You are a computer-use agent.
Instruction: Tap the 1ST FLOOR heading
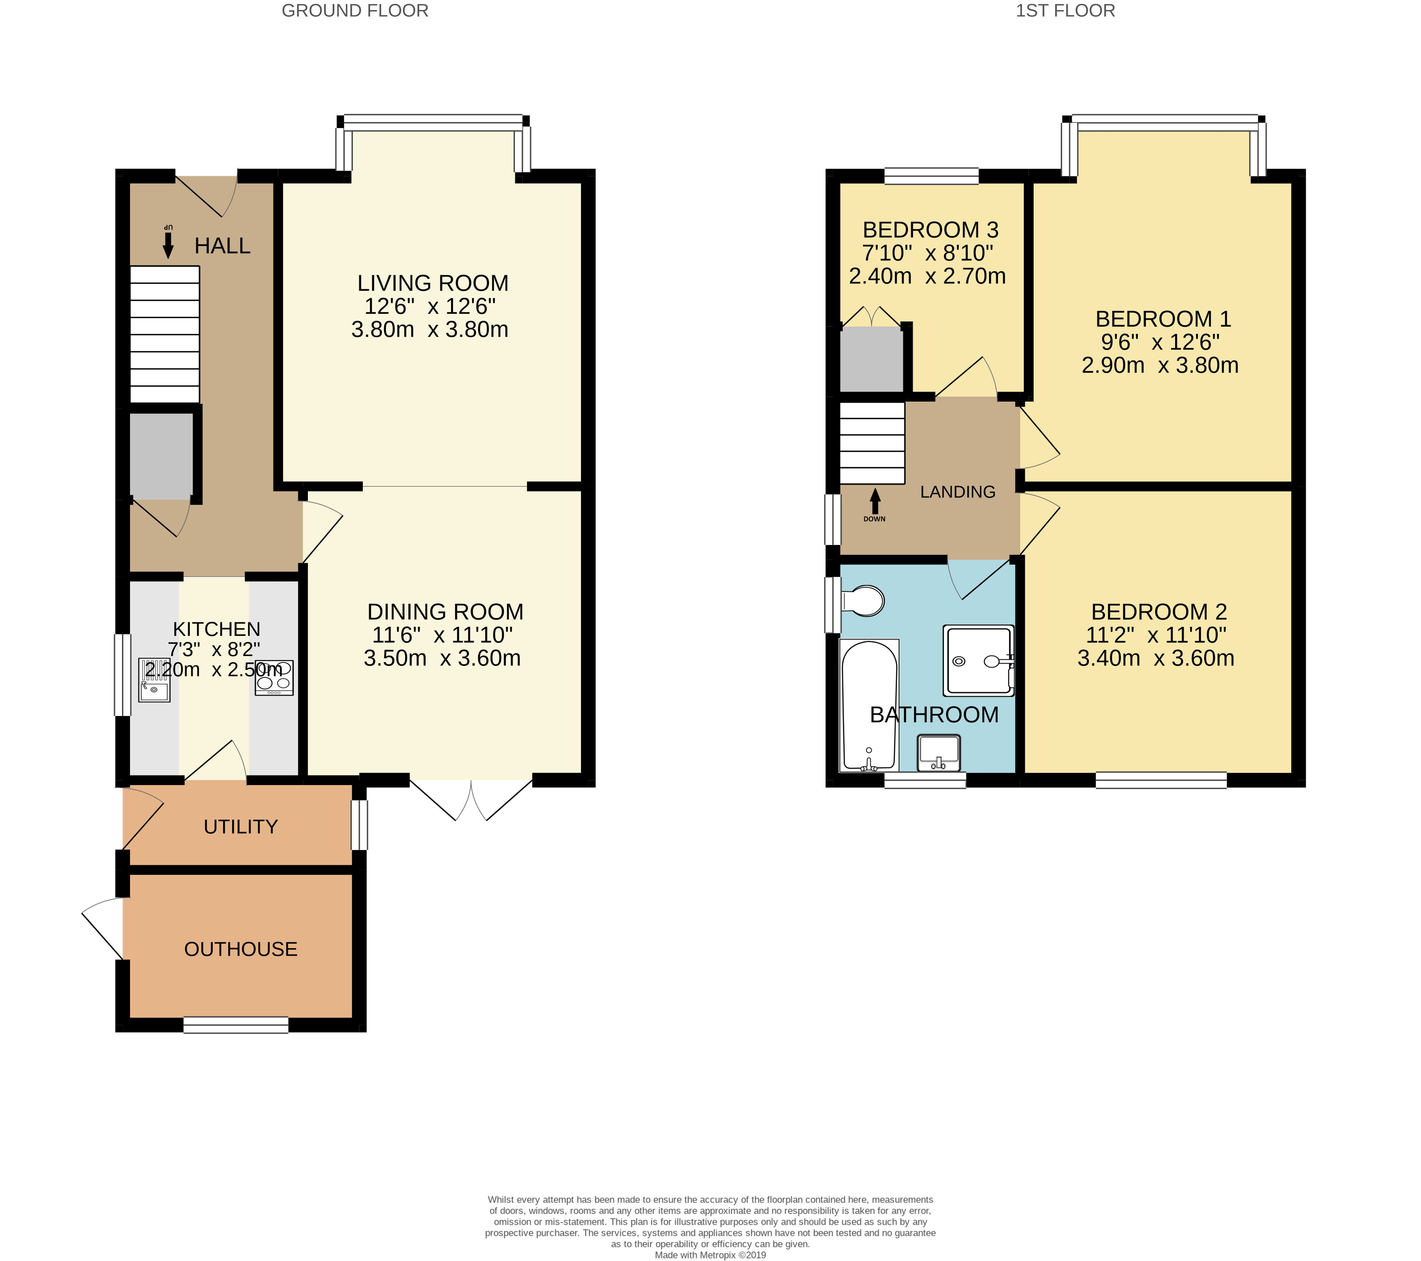point(1065,11)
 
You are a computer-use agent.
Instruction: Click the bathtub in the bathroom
point(869,705)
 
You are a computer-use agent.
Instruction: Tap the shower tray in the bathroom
point(978,660)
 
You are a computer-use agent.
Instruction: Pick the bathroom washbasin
point(938,753)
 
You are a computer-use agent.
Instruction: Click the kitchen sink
point(154,680)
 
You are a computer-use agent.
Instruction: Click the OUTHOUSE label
point(241,949)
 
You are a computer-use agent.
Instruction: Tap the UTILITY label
point(241,827)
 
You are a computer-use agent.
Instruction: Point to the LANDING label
point(958,492)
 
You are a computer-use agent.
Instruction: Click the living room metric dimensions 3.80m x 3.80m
point(430,329)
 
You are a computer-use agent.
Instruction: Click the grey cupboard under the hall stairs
point(161,456)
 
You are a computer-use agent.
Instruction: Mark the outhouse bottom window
point(236,1025)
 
